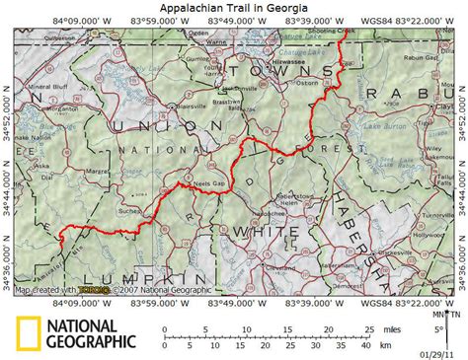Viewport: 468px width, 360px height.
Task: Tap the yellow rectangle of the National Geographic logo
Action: pos(28,334)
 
